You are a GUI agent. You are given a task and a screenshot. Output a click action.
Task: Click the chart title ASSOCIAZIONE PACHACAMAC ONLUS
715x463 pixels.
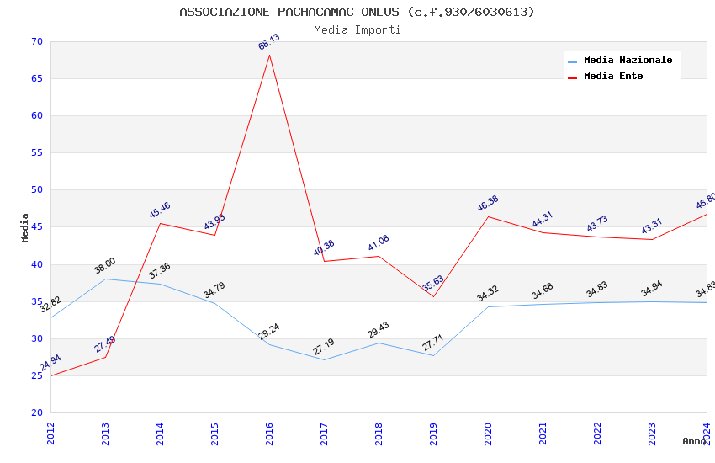tap(357, 12)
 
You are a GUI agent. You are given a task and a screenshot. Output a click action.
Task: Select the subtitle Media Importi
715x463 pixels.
tap(357, 29)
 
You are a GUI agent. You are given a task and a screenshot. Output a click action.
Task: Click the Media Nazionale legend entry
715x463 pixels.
tap(628, 60)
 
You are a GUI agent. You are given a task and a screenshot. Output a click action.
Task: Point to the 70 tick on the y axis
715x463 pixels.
tap(36, 41)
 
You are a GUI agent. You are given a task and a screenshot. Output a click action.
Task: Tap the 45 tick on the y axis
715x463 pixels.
tap(36, 227)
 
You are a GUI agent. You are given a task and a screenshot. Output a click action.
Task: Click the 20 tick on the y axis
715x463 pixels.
tap(36, 412)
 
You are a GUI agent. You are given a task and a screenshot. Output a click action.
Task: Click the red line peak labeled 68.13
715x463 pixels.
tap(269, 55)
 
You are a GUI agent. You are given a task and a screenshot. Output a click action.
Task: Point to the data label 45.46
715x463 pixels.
tap(160, 210)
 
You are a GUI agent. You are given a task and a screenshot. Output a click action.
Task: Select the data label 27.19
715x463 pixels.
tap(324, 347)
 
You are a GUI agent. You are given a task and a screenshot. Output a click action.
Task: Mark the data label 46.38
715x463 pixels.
tap(488, 204)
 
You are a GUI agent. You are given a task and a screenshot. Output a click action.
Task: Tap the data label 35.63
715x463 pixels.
tap(433, 283)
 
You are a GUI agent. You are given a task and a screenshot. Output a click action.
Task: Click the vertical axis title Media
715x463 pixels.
tap(25, 227)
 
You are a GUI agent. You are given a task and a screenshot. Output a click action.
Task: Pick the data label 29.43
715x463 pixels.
tap(379, 330)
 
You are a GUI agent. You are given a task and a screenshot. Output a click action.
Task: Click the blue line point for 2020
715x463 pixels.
tap(488, 306)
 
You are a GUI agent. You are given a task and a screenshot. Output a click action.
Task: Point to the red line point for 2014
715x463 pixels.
tap(160, 223)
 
